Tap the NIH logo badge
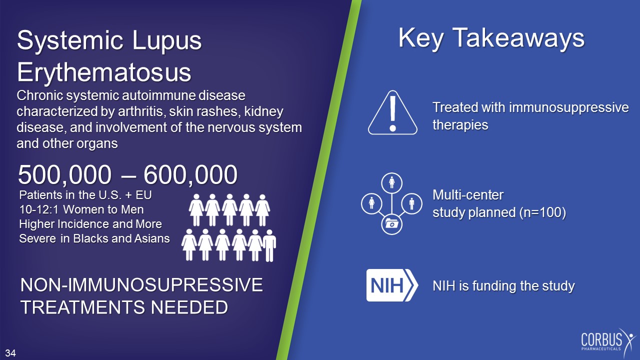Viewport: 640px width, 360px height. (x=392, y=285)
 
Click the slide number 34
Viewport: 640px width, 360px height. (x=10, y=353)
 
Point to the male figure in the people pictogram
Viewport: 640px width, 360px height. (x=269, y=245)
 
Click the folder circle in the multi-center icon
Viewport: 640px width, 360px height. (x=391, y=224)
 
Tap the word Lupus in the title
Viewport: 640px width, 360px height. (x=166, y=40)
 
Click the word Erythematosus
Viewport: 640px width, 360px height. (x=104, y=72)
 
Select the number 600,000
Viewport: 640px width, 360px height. (x=190, y=175)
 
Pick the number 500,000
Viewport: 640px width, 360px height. (x=64, y=175)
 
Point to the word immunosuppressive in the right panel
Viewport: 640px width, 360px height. (x=568, y=107)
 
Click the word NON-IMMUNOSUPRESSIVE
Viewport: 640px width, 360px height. (x=141, y=285)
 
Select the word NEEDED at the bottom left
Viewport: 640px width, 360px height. (x=189, y=307)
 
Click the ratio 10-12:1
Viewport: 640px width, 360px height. (x=39, y=209)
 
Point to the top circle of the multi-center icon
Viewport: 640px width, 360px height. (x=391, y=183)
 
